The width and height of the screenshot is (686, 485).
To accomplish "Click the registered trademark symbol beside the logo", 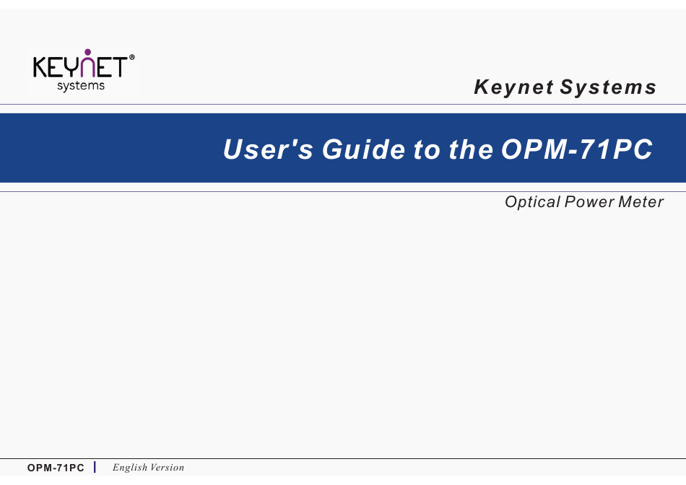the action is tap(132, 57).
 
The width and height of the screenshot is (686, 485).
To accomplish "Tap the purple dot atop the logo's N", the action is tap(88, 52).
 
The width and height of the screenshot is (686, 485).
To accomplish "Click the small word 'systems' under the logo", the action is tap(81, 86).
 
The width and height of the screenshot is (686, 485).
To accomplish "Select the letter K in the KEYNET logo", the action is tap(40, 67).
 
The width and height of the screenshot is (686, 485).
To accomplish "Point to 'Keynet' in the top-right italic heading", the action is tap(513, 87).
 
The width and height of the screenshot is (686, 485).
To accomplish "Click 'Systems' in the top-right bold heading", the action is tap(609, 87).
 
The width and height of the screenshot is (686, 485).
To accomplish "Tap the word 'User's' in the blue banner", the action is tap(268, 149).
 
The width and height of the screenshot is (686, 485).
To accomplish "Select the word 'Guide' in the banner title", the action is tap(363, 149).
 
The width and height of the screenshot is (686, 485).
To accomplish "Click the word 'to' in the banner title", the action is tap(427, 150).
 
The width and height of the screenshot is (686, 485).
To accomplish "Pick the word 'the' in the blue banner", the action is tap(471, 149).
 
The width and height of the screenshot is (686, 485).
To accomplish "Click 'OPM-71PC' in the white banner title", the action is tap(577, 149).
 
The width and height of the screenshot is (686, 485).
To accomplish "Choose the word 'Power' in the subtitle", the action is tap(589, 202).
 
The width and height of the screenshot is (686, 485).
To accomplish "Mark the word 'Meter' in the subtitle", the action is tap(641, 202).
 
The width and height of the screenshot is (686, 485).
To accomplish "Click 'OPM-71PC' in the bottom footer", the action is tap(56, 468).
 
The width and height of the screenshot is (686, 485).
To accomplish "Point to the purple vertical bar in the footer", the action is tap(95, 467).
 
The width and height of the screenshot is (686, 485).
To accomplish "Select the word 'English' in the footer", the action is tap(130, 468).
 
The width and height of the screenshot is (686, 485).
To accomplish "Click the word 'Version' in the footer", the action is tap(167, 468).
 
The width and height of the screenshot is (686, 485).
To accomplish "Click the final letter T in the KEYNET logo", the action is tap(119, 67).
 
